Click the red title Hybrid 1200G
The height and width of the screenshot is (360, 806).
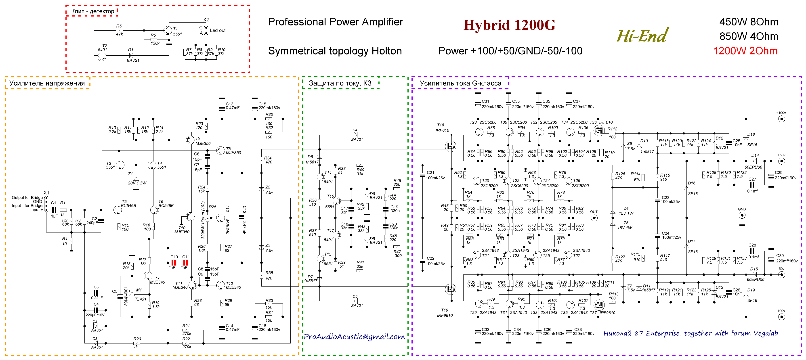(x=509, y=25)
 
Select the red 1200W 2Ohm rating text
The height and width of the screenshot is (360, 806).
(x=745, y=51)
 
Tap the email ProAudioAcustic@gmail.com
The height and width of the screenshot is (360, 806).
(x=354, y=337)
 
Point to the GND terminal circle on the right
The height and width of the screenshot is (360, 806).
(x=741, y=216)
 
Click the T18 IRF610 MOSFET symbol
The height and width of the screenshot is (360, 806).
(x=450, y=146)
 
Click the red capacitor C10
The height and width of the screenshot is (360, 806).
(x=173, y=263)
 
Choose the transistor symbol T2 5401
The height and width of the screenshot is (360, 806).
(x=102, y=57)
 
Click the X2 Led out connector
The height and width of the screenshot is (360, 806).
(x=206, y=30)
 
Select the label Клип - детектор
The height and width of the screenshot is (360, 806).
(x=93, y=11)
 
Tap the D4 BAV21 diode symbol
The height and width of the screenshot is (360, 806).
(x=355, y=135)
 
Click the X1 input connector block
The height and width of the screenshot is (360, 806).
(x=46, y=204)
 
